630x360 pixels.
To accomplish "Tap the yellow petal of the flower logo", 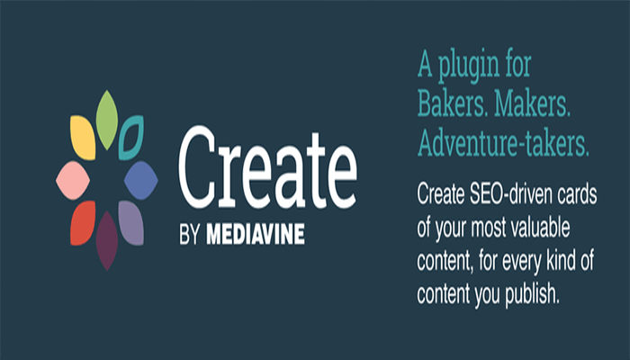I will [x=83, y=138].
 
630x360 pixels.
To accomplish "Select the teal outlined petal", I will [x=132, y=137].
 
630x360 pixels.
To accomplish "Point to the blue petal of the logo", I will [x=140, y=177].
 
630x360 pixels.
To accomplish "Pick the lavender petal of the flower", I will [x=131, y=221].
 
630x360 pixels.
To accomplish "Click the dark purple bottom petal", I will [x=107, y=240].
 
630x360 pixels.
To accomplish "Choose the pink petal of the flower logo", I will [x=71, y=179].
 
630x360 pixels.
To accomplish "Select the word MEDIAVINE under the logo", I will [x=254, y=236].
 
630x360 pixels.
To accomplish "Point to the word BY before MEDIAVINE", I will [x=189, y=236].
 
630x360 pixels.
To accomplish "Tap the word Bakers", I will [x=454, y=106].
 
